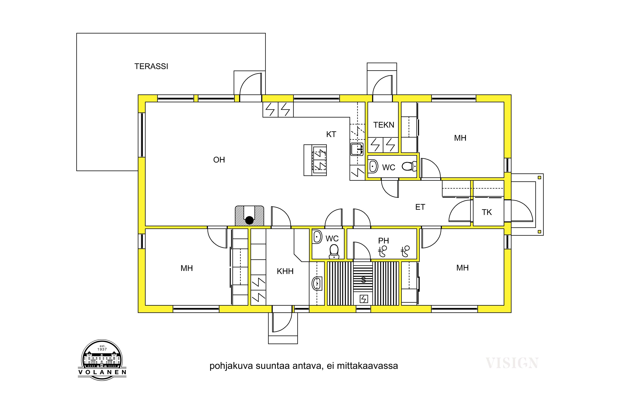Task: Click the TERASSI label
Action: click(x=151, y=66)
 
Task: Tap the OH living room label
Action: click(x=219, y=160)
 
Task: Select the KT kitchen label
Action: click(x=331, y=134)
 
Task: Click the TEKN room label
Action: click(x=384, y=125)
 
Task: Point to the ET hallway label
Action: click(x=420, y=207)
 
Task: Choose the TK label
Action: click(x=487, y=212)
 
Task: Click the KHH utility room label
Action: click(x=285, y=271)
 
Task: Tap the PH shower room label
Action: click(x=384, y=241)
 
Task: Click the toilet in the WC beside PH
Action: click(x=334, y=252)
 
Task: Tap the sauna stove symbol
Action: click(x=364, y=299)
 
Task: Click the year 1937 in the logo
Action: click(x=102, y=349)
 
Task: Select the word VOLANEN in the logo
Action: click(x=102, y=372)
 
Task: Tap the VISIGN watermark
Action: click(x=512, y=363)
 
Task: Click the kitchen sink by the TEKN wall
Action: click(x=357, y=149)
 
